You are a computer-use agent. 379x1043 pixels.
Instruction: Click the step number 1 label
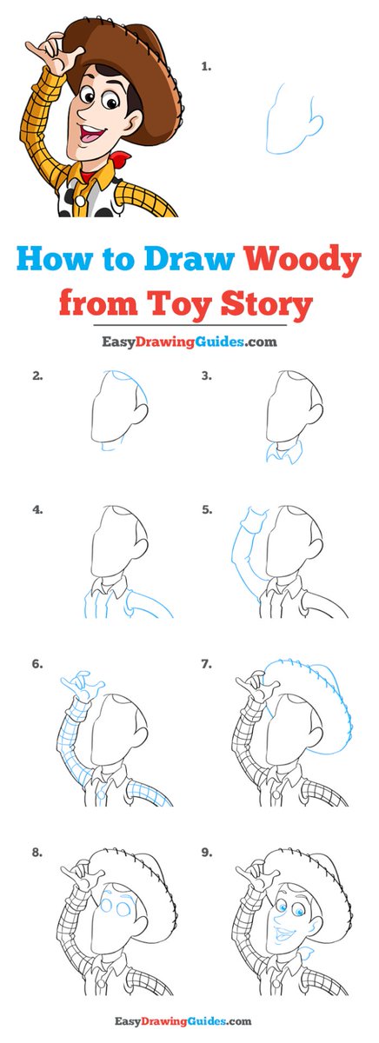[x=206, y=67]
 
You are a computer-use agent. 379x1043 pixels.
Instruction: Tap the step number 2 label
[x=37, y=375]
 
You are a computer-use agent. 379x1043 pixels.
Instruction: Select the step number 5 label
[x=207, y=510]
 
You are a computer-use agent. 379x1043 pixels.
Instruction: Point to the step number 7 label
[x=207, y=664]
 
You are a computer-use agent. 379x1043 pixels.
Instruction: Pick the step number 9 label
[x=207, y=853]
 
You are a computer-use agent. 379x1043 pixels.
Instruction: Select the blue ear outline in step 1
[x=316, y=122]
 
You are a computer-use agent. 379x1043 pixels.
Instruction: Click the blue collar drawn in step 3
[x=284, y=452]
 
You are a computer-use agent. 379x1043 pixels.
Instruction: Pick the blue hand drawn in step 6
[x=83, y=686]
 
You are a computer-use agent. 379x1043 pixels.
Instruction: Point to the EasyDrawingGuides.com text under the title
[x=189, y=342]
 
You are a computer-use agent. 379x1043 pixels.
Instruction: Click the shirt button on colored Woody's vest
[x=80, y=201]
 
